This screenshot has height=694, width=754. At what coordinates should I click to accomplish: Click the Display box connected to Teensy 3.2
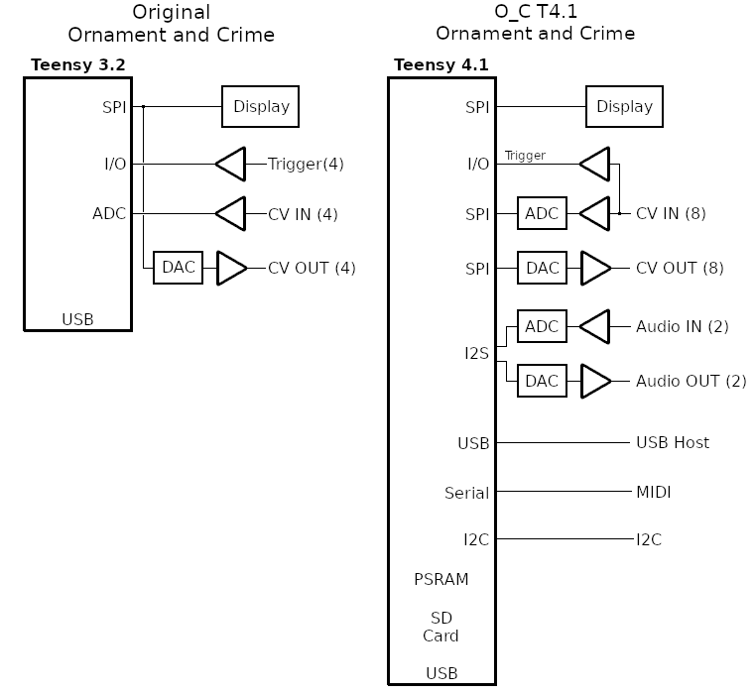click(x=261, y=107)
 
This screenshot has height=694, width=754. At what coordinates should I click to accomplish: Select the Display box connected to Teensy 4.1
click(x=625, y=107)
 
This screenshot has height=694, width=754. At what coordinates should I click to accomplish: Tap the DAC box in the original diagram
click(x=179, y=268)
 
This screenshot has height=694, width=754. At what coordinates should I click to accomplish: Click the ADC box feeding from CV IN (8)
click(x=543, y=213)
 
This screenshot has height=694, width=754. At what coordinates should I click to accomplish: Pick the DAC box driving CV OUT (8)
click(x=543, y=268)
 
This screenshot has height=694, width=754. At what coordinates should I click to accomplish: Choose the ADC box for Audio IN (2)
click(x=543, y=326)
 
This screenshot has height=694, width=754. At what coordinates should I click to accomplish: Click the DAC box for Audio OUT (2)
click(x=543, y=381)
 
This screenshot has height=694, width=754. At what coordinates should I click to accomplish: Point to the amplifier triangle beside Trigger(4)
click(x=231, y=164)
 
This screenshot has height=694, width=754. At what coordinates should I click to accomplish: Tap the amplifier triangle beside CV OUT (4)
click(x=231, y=268)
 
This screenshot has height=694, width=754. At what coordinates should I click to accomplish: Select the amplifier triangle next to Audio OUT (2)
click(x=596, y=381)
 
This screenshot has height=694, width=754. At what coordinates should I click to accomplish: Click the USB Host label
click(x=673, y=443)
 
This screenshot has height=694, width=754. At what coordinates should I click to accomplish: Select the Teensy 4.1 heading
click(x=440, y=65)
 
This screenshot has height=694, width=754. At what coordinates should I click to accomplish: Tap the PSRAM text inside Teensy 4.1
click(x=441, y=579)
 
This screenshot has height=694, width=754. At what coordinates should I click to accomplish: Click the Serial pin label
click(x=467, y=492)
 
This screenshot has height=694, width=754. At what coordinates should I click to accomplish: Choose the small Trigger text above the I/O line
click(x=525, y=156)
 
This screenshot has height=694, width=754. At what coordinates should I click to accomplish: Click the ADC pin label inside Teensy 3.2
click(x=110, y=213)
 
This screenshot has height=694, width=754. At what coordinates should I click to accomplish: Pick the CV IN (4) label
click(x=303, y=213)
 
